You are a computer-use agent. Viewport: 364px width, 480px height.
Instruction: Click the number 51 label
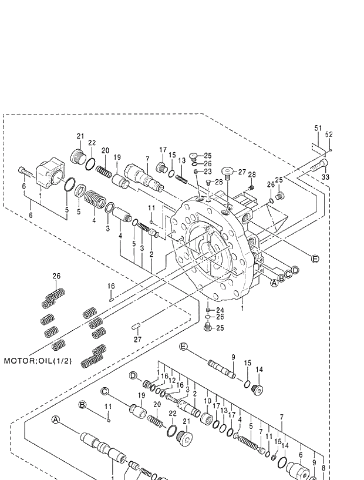[x=318, y=128]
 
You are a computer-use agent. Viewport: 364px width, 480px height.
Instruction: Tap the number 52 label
[x=329, y=135]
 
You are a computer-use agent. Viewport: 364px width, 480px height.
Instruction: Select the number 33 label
[x=325, y=177]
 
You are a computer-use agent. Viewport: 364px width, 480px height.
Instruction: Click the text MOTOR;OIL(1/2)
[x=38, y=360]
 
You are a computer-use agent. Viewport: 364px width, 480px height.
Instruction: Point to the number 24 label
[x=220, y=310]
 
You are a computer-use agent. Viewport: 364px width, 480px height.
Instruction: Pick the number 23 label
[x=207, y=172]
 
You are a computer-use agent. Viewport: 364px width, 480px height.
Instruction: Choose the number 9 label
[x=233, y=357]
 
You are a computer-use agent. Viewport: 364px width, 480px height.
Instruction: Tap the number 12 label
[x=172, y=380]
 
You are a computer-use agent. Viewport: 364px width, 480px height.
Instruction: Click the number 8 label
[x=323, y=452]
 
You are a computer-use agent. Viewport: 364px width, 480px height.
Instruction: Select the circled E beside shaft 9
[x=183, y=347]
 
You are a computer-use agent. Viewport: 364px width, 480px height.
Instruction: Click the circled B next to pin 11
[x=83, y=404]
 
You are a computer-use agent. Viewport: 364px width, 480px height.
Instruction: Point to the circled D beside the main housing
[x=295, y=270]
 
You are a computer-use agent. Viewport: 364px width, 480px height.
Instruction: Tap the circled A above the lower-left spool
[x=56, y=419]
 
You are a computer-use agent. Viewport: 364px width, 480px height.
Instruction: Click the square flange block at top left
[x=50, y=174]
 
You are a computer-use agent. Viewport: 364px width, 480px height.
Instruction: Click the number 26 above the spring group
[x=56, y=276]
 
